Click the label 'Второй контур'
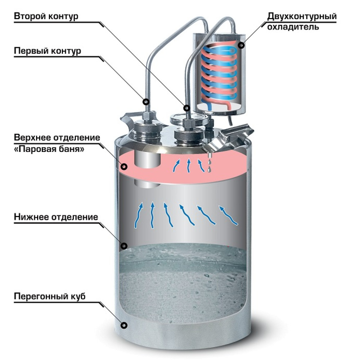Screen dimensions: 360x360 pyautogui.click(x=46, y=17)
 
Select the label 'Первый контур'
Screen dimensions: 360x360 pyautogui.click(x=48, y=51)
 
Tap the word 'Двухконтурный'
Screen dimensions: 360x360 pyautogui.click(x=302, y=17)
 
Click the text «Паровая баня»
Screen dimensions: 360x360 pyautogui.click(x=50, y=149)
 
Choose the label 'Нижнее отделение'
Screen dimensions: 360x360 pyautogui.click(x=56, y=217)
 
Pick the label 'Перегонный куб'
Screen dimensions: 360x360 pyautogui.click(x=50, y=297)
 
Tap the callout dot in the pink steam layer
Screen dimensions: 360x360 pyautogui.click(x=125, y=166)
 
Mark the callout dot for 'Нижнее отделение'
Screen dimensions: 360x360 pyautogui.click(x=124, y=246)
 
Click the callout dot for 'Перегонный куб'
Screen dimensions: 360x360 pyautogui.click(x=124, y=325)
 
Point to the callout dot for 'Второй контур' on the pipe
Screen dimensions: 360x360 pyautogui.click(x=186, y=108)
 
